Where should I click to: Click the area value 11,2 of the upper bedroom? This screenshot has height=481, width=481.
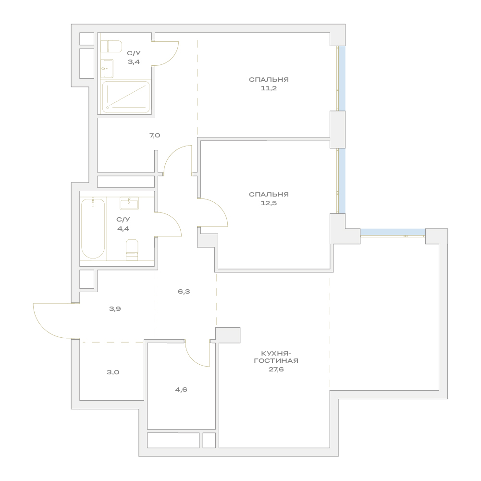click(269, 88)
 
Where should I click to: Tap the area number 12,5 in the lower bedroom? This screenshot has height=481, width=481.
click(269, 203)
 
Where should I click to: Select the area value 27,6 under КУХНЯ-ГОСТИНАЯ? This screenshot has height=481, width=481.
click(276, 370)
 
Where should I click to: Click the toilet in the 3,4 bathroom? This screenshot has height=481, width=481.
click(111, 46)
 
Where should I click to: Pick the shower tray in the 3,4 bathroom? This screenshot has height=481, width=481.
click(126, 97)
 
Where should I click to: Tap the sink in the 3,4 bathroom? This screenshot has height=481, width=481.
click(107, 68)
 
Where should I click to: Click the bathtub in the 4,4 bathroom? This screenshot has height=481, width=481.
click(93, 229)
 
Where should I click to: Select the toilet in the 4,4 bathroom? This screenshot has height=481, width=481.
click(132, 250)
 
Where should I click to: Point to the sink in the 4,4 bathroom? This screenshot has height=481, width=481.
click(129, 203)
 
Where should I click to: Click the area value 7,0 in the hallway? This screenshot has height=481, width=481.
click(155, 136)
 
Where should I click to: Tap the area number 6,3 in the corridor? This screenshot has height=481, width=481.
click(184, 291)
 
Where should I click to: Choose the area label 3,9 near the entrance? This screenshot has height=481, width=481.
click(115, 309)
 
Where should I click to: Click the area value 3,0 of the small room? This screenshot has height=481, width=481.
click(113, 372)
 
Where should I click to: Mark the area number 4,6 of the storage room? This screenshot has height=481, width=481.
click(181, 390)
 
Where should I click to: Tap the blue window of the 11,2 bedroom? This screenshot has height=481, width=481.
click(342, 78)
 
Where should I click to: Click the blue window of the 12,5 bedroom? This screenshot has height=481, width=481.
click(342, 181)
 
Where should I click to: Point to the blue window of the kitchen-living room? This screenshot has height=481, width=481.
click(393, 232)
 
